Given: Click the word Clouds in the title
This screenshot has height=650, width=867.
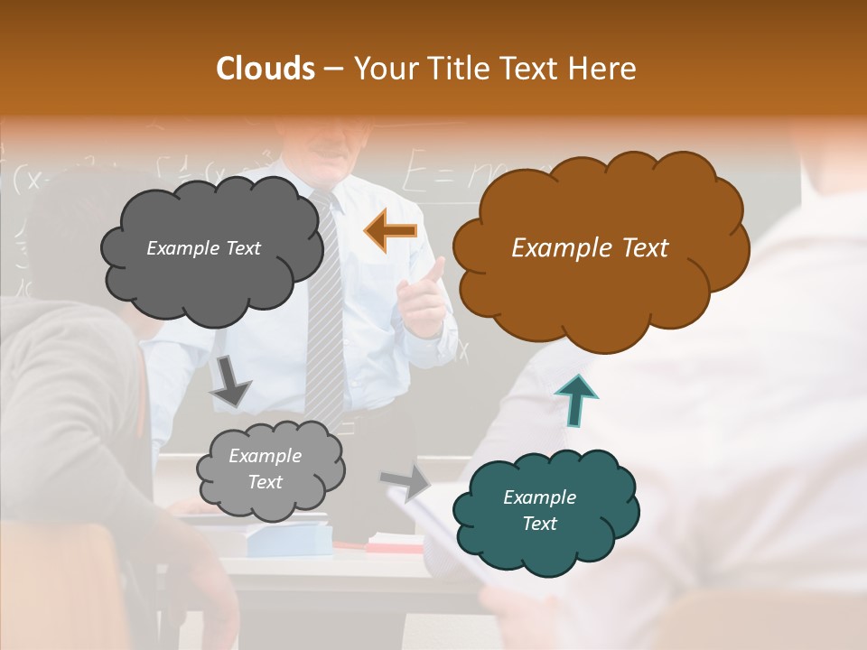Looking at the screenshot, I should tap(266, 69).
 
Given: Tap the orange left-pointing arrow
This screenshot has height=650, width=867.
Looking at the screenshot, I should tap(391, 230).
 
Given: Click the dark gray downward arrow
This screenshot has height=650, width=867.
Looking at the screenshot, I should tap(230, 382).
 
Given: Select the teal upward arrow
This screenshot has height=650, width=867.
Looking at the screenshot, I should tap(575, 400).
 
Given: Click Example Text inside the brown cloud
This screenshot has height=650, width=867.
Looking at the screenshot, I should tap(590, 248).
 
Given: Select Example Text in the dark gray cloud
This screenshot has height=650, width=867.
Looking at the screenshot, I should tap(203, 248).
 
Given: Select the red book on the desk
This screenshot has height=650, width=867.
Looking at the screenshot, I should tap(394, 544).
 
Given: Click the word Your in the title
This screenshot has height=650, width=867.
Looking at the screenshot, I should tap(383, 69).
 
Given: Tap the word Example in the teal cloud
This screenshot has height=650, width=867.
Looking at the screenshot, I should tap(539, 497).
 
